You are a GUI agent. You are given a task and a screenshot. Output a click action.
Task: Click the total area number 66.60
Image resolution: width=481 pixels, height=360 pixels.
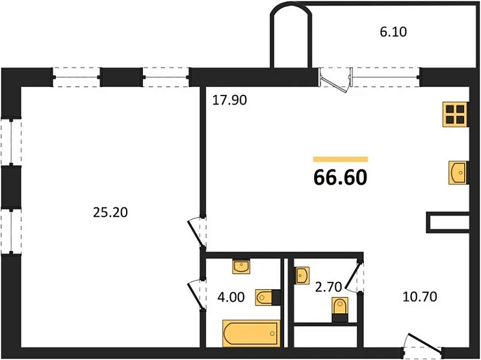(340, 177)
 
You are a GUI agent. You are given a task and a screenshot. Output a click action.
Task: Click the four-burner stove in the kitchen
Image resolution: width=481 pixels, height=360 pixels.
(455, 113)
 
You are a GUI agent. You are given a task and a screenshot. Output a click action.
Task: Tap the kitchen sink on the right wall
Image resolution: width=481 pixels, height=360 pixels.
(458, 173)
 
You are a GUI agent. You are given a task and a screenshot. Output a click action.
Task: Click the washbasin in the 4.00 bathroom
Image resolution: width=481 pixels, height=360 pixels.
(242, 266)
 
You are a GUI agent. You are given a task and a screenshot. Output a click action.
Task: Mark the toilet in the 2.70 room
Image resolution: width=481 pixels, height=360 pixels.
(340, 307)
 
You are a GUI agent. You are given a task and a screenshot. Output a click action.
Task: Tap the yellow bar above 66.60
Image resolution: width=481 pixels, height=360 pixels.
(340, 159)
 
